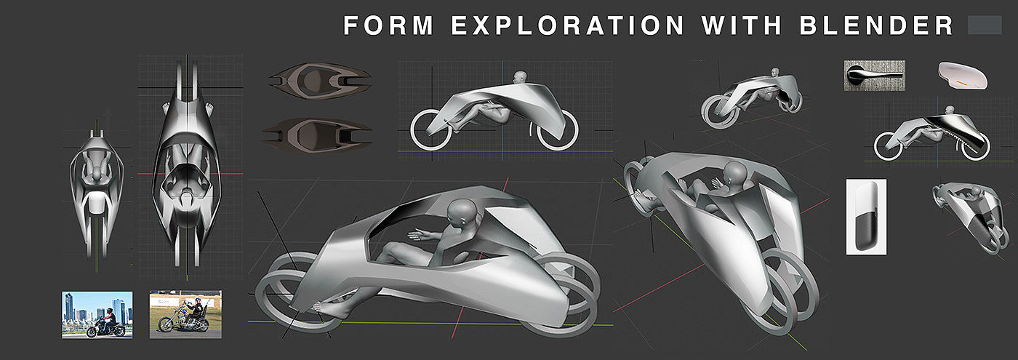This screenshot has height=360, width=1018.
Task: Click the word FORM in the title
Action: [x=388, y=26]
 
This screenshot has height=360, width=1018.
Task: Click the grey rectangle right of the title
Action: [x=985, y=26]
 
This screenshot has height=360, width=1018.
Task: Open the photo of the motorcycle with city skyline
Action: [x=97, y=314]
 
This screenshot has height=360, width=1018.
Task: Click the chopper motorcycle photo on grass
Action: [x=185, y=314]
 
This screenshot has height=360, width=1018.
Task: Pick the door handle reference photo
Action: [x=874, y=76]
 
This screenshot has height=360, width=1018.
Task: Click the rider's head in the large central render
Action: [x=462, y=215]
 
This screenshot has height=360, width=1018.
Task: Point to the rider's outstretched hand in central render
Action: [x=417, y=236]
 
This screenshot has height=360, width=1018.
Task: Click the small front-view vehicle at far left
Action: [x=97, y=178]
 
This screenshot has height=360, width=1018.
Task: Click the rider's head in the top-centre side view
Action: [x=518, y=76]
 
